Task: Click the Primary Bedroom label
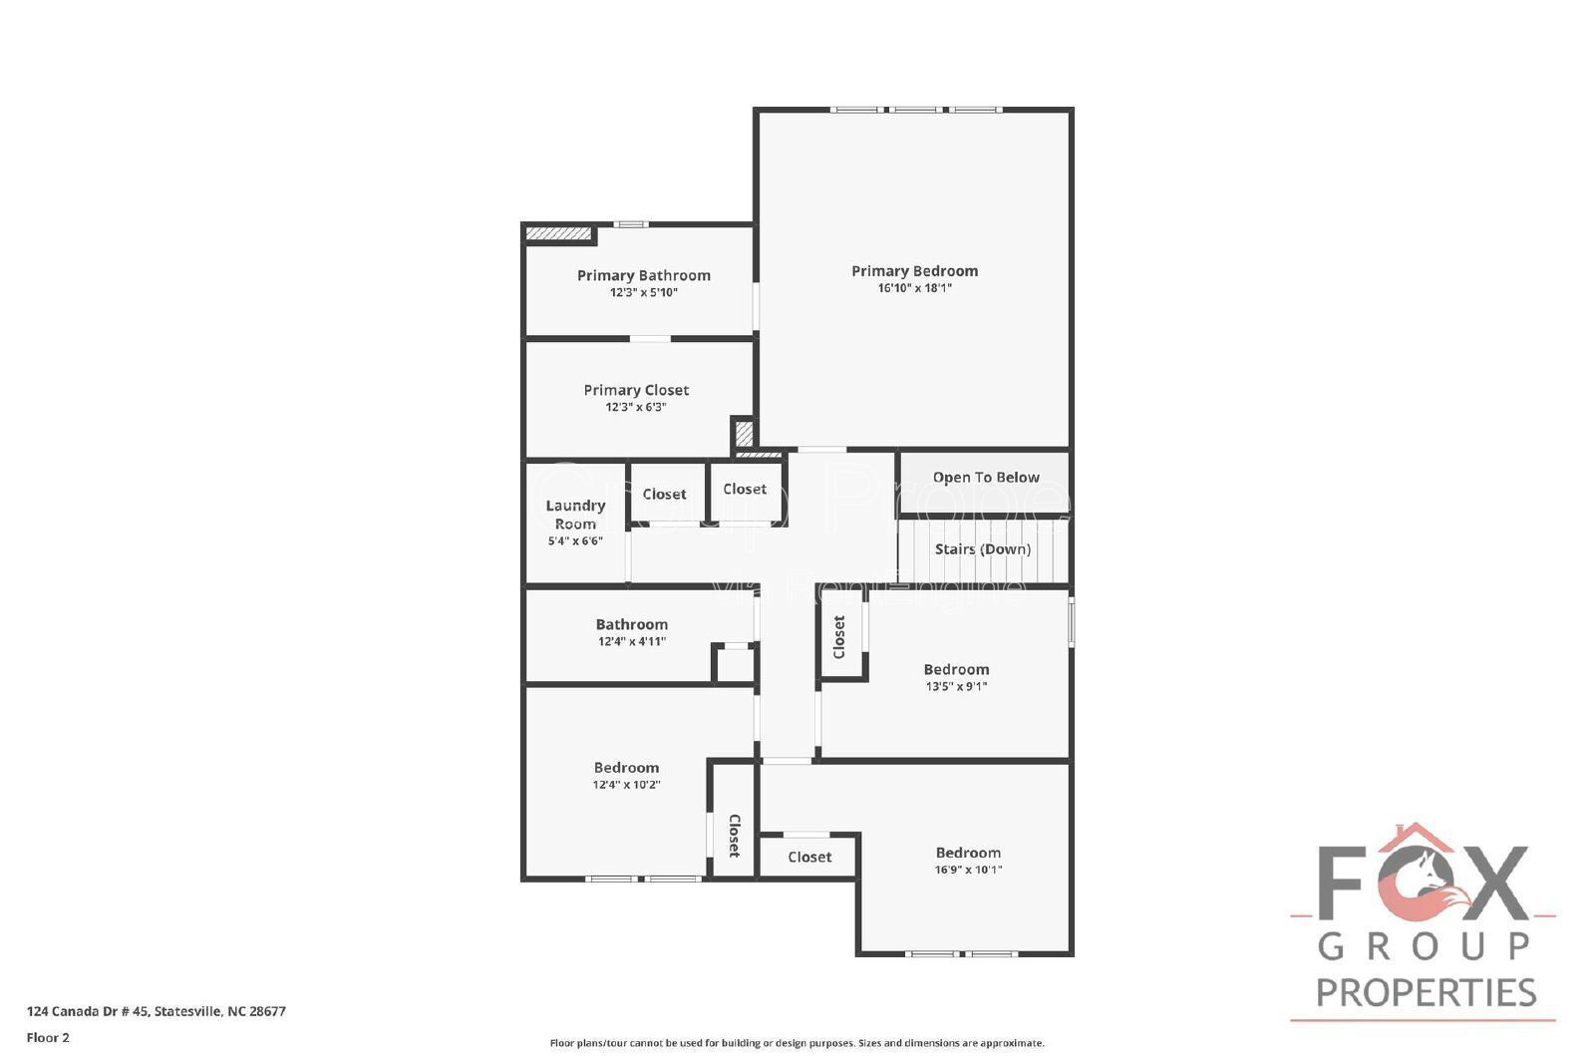coord(914,270)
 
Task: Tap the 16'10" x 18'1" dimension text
coord(914,288)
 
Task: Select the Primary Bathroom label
coord(644,275)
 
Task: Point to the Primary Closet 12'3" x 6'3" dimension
coord(636,407)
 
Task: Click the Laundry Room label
coord(575,515)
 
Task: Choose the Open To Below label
coord(986,478)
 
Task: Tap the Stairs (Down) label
coord(983,549)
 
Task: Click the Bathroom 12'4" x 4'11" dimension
coord(632,642)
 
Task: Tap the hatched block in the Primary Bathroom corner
coord(559,233)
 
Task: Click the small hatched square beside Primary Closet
coord(744,434)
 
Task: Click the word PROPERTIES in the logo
coord(1426,992)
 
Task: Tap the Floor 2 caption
coord(48,1038)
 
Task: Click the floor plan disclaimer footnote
coord(797,1043)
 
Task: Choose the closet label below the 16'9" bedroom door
coord(809,858)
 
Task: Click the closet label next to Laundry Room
coord(664,495)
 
